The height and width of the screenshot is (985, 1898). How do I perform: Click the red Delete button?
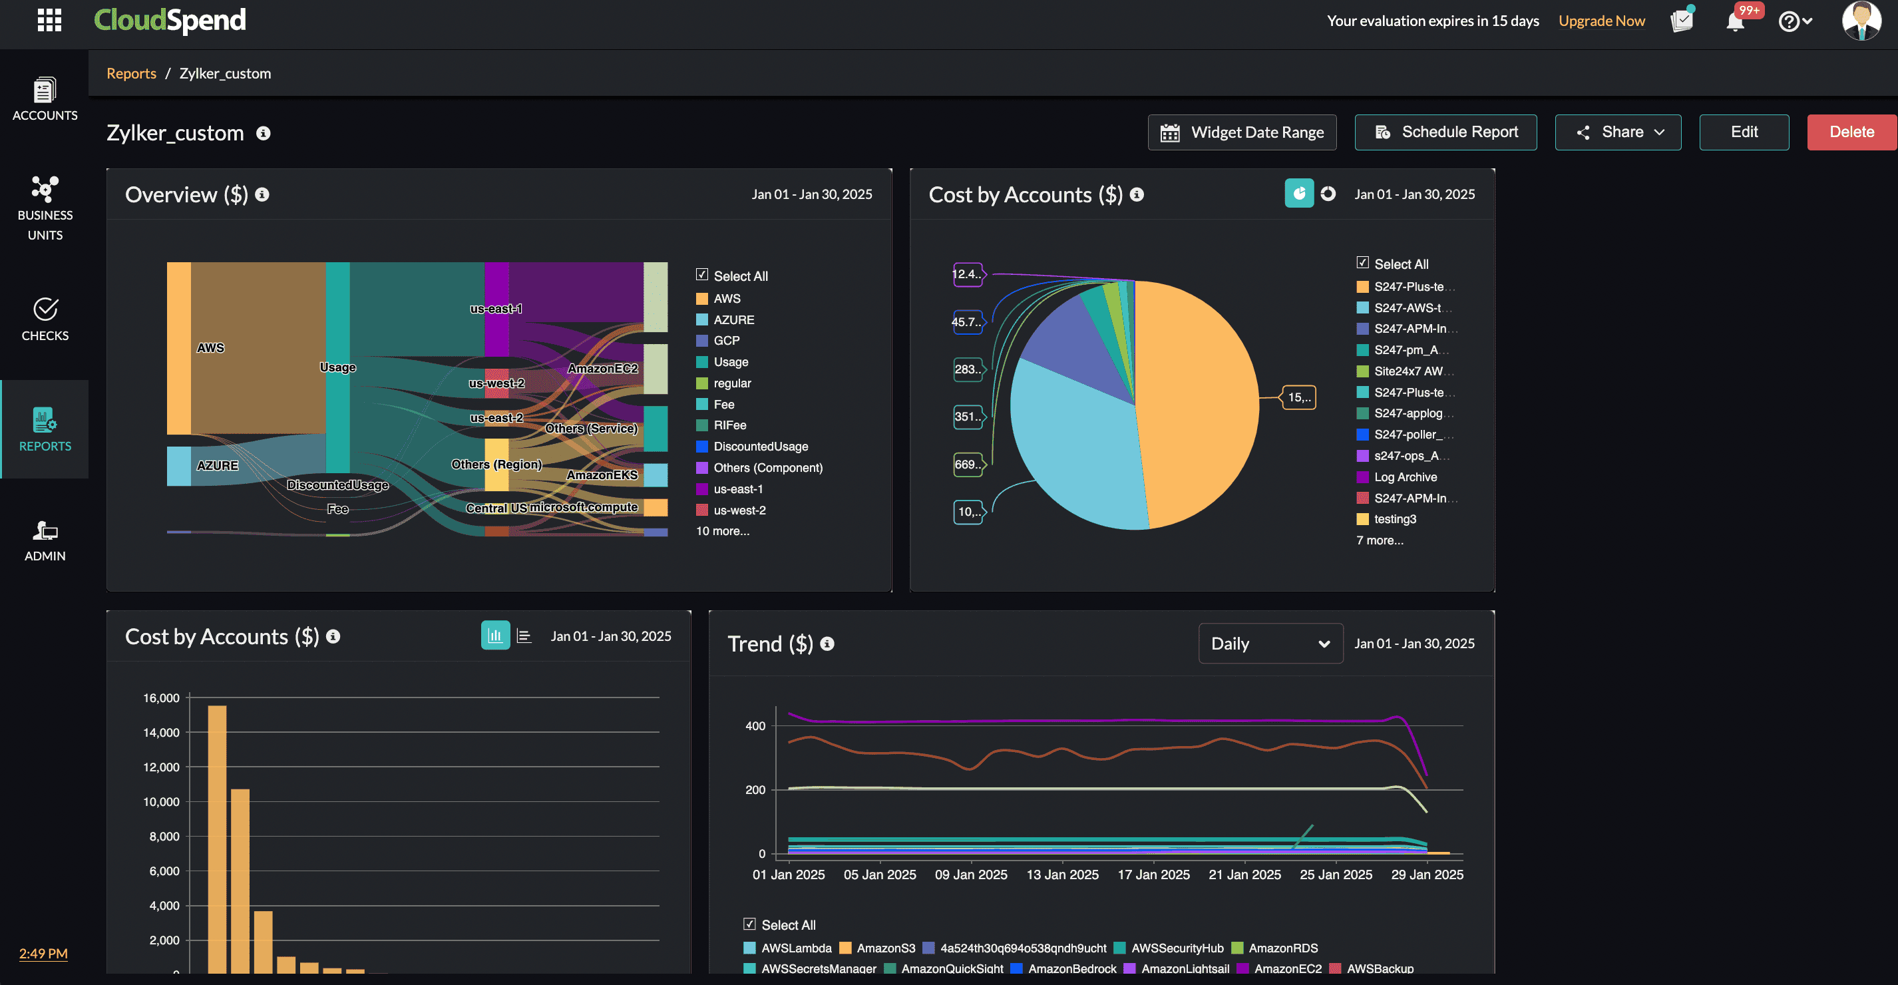1851,132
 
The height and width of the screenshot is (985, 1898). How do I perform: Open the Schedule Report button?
1445,132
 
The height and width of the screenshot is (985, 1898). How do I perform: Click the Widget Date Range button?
1242,132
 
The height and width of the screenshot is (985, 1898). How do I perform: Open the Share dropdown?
1618,132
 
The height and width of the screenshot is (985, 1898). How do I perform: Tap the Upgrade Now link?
1601,21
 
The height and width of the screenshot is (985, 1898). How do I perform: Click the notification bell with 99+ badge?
1734,21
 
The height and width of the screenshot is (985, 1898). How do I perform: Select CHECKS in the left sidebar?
45,319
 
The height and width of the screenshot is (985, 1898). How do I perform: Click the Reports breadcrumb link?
131,73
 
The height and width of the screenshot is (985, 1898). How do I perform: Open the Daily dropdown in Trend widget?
1270,643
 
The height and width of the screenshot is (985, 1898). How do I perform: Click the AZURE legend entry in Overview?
733,319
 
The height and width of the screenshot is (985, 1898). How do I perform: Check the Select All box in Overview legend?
702,275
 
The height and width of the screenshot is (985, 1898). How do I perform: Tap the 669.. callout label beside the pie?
968,464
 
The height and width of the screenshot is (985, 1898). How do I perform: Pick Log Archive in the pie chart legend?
1404,477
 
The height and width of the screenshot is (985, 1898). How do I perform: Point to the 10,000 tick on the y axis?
161,801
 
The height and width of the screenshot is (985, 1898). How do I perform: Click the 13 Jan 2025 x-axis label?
1061,875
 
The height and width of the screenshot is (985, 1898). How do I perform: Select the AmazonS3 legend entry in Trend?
885,948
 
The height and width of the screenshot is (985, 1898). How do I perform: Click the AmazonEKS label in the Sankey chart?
601,475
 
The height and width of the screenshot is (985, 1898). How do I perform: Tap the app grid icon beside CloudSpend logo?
49,20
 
